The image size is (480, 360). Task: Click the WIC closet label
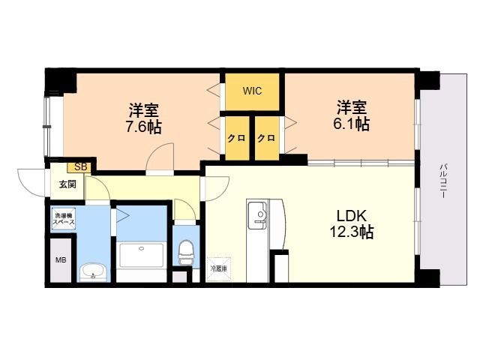click(x=252, y=91)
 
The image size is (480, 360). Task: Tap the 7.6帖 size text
click(x=143, y=127)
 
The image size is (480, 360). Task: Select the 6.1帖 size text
click(x=352, y=124)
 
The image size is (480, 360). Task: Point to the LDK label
click(x=352, y=216)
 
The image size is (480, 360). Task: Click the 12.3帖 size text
click(x=352, y=232)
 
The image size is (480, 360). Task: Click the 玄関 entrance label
click(x=67, y=184)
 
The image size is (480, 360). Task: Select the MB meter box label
click(x=61, y=260)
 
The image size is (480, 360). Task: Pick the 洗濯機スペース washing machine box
click(x=63, y=218)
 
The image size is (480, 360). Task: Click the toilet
click(x=186, y=252)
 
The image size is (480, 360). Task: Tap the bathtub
click(x=142, y=255)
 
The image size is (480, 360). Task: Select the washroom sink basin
click(x=93, y=272)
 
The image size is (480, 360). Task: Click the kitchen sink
click(x=257, y=215)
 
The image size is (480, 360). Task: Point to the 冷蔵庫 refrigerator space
click(x=218, y=269)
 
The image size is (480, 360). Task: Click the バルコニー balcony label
click(x=443, y=181)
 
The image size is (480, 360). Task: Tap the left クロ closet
click(x=237, y=138)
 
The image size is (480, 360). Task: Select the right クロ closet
click(x=267, y=138)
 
